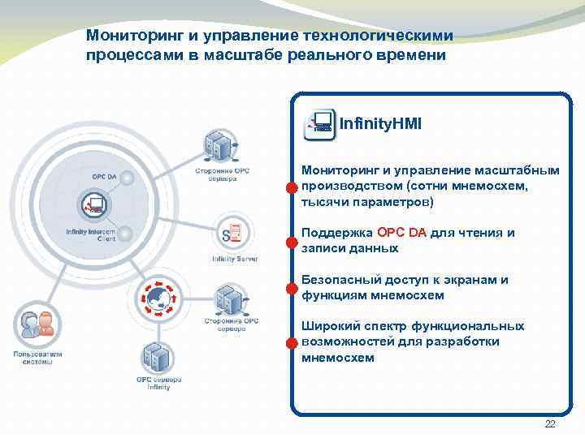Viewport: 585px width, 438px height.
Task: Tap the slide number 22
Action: (x=549, y=425)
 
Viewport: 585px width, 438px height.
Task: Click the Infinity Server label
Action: (x=235, y=259)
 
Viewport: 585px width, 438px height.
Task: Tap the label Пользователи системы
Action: (x=32, y=357)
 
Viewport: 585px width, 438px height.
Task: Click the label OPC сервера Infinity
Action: (x=159, y=383)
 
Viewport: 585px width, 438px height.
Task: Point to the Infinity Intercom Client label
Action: (x=90, y=234)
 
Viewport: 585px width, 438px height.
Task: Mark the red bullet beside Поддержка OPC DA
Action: (x=291, y=242)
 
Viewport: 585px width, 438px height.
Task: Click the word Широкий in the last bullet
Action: (x=327, y=326)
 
